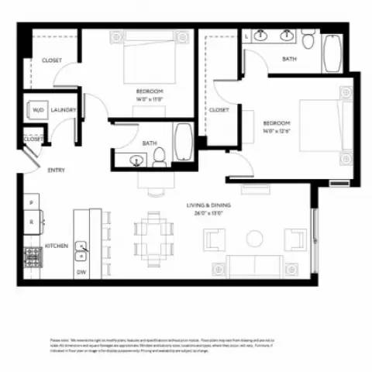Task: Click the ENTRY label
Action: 56,170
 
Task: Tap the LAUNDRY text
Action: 64,110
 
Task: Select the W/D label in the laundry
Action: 37,110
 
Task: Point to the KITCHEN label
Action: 56,246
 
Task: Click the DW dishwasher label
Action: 81,272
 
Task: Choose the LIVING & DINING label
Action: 210,205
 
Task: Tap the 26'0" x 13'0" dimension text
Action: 210,213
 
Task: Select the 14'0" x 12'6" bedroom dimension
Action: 277,132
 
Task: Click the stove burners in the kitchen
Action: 33,256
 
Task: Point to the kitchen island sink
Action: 81,248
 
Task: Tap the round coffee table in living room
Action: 254,239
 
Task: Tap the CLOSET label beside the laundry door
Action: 33,139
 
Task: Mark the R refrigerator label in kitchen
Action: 31,221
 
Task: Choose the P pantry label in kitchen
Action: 31,202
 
